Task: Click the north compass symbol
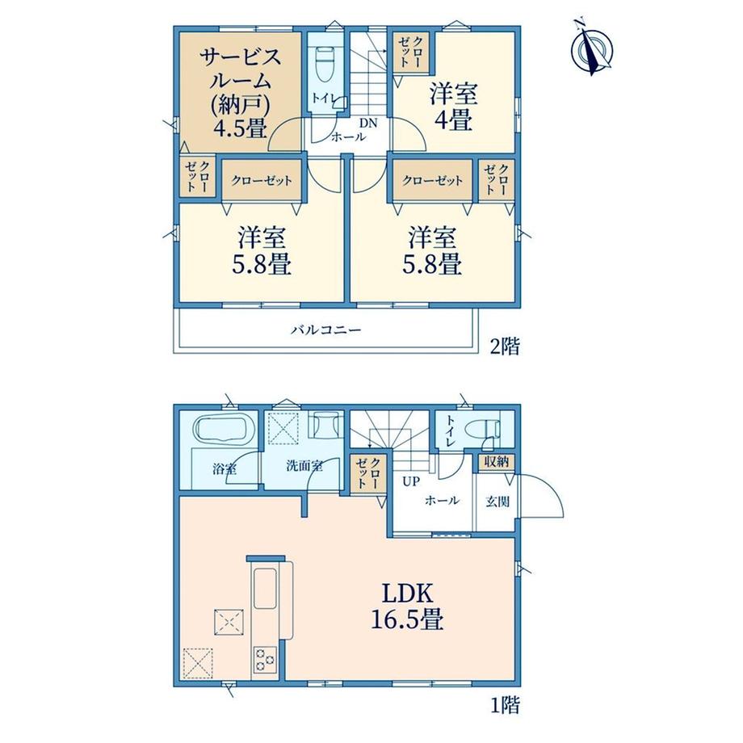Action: pos(592,48)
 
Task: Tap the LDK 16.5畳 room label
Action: pos(407,608)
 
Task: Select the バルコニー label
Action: pos(326,330)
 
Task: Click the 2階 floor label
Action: pos(505,346)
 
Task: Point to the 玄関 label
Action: pos(497,502)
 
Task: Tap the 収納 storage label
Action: pos(496,462)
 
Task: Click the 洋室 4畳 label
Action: pos(454,107)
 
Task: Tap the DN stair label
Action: pos(367,124)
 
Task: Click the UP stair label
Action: pos(411,481)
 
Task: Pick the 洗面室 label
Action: pos(304,466)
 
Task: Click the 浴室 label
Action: pos(225,469)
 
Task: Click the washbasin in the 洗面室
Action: pos(325,423)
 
